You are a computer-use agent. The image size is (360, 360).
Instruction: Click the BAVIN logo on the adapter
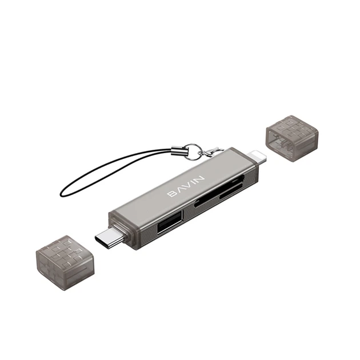[x=186, y=186]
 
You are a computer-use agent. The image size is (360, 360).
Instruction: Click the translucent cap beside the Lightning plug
[x=292, y=138]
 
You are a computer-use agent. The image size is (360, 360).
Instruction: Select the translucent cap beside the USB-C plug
[x=65, y=262]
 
